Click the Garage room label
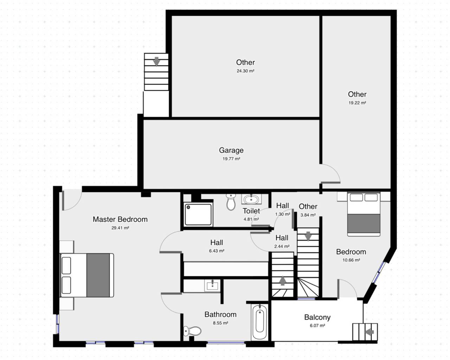(231, 150)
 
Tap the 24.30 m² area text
(245, 71)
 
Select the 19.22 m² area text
(357, 103)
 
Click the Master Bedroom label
(120, 219)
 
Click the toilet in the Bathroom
(192, 331)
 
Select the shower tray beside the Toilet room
(198, 214)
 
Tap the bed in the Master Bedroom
(87, 275)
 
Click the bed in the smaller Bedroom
(364, 214)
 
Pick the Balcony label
(317, 317)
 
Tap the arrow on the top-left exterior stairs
(157, 62)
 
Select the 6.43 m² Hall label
(217, 243)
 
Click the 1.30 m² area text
(283, 214)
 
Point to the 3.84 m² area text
(308, 215)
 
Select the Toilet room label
(251, 211)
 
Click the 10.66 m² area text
(351, 261)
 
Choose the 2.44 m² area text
(282, 246)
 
